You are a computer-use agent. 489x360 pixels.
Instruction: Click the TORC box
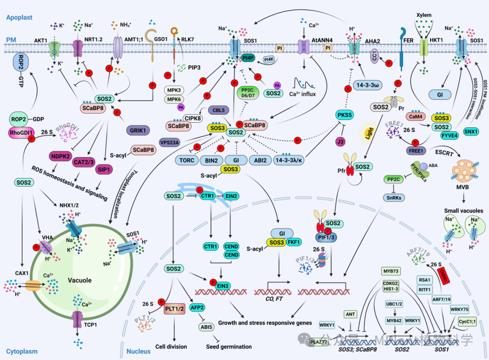(186, 160)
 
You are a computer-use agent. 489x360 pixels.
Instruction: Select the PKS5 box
(345, 115)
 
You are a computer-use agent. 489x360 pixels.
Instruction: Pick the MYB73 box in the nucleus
(391, 271)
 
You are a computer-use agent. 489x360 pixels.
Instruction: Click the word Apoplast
(19, 17)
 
